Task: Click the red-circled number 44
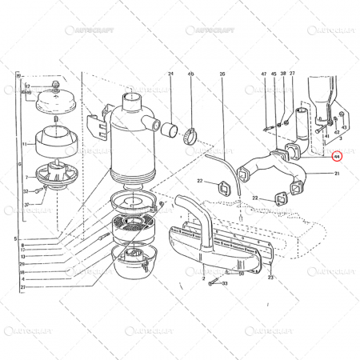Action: point(337,158)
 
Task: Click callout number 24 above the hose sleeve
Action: point(170,74)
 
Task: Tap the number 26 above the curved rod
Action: point(222,74)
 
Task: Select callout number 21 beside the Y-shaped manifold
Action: point(338,174)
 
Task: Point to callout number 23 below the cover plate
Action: point(271,278)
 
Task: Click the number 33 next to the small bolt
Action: point(226,283)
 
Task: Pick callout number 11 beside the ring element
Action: point(25,145)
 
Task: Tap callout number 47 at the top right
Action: point(263,74)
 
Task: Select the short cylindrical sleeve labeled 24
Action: point(171,127)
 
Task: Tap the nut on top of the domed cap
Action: point(54,84)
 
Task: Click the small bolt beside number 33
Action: point(211,283)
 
